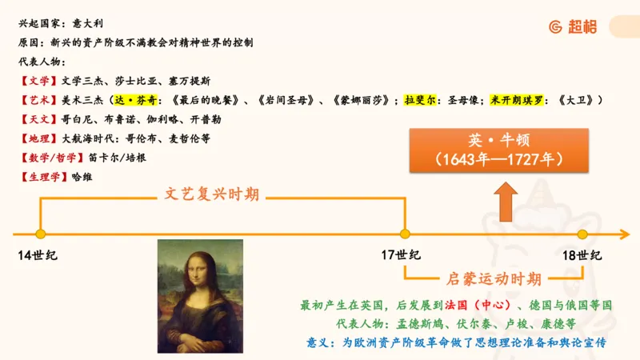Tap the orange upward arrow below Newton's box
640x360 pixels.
tap(505, 201)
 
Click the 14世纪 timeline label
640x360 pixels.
tap(38, 255)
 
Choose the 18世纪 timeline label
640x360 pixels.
tap(582, 255)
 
